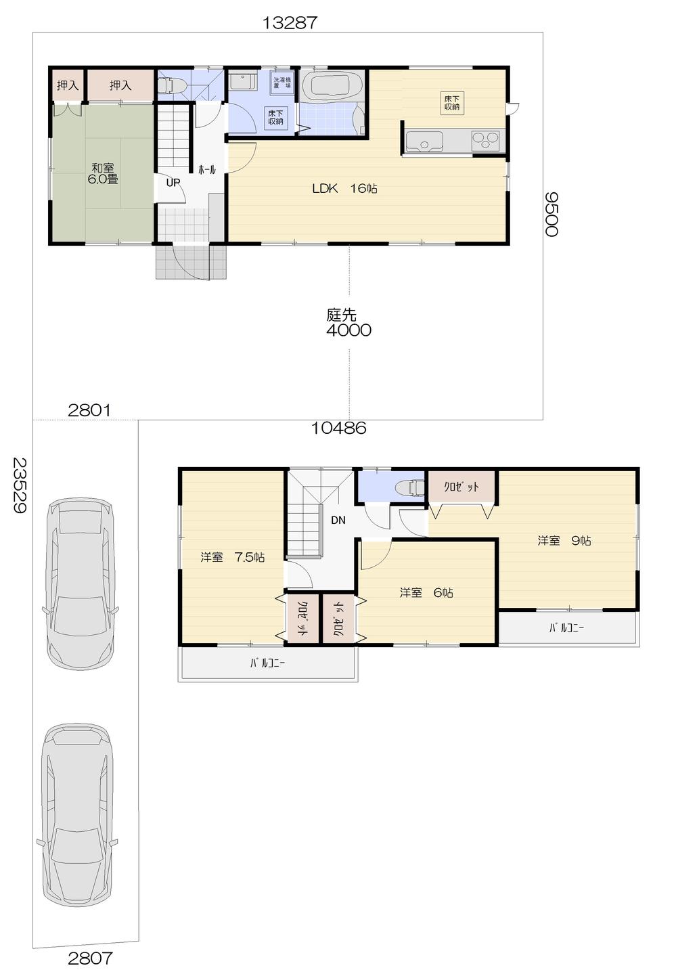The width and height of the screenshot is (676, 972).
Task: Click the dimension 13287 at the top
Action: [x=290, y=22]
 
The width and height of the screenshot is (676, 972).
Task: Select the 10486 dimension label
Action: [x=338, y=428]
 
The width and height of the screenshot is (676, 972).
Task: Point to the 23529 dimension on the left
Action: [x=20, y=486]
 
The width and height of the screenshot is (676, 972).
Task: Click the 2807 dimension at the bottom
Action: [x=90, y=958]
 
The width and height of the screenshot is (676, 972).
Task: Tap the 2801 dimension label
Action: [x=89, y=410]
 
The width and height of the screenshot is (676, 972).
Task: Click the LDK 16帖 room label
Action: [x=344, y=189]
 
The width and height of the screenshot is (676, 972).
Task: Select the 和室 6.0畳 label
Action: [x=103, y=174]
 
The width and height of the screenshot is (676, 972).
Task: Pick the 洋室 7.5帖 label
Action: [x=232, y=558]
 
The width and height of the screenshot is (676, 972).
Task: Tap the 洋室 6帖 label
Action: [x=426, y=593]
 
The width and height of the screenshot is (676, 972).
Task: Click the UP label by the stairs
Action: [x=173, y=183]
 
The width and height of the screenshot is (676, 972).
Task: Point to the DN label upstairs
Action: [x=338, y=521]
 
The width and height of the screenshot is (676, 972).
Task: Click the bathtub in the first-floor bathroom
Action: [x=332, y=87]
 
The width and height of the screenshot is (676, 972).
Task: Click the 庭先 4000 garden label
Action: [x=348, y=322]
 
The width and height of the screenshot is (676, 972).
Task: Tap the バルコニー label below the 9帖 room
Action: [x=566, y=628]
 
